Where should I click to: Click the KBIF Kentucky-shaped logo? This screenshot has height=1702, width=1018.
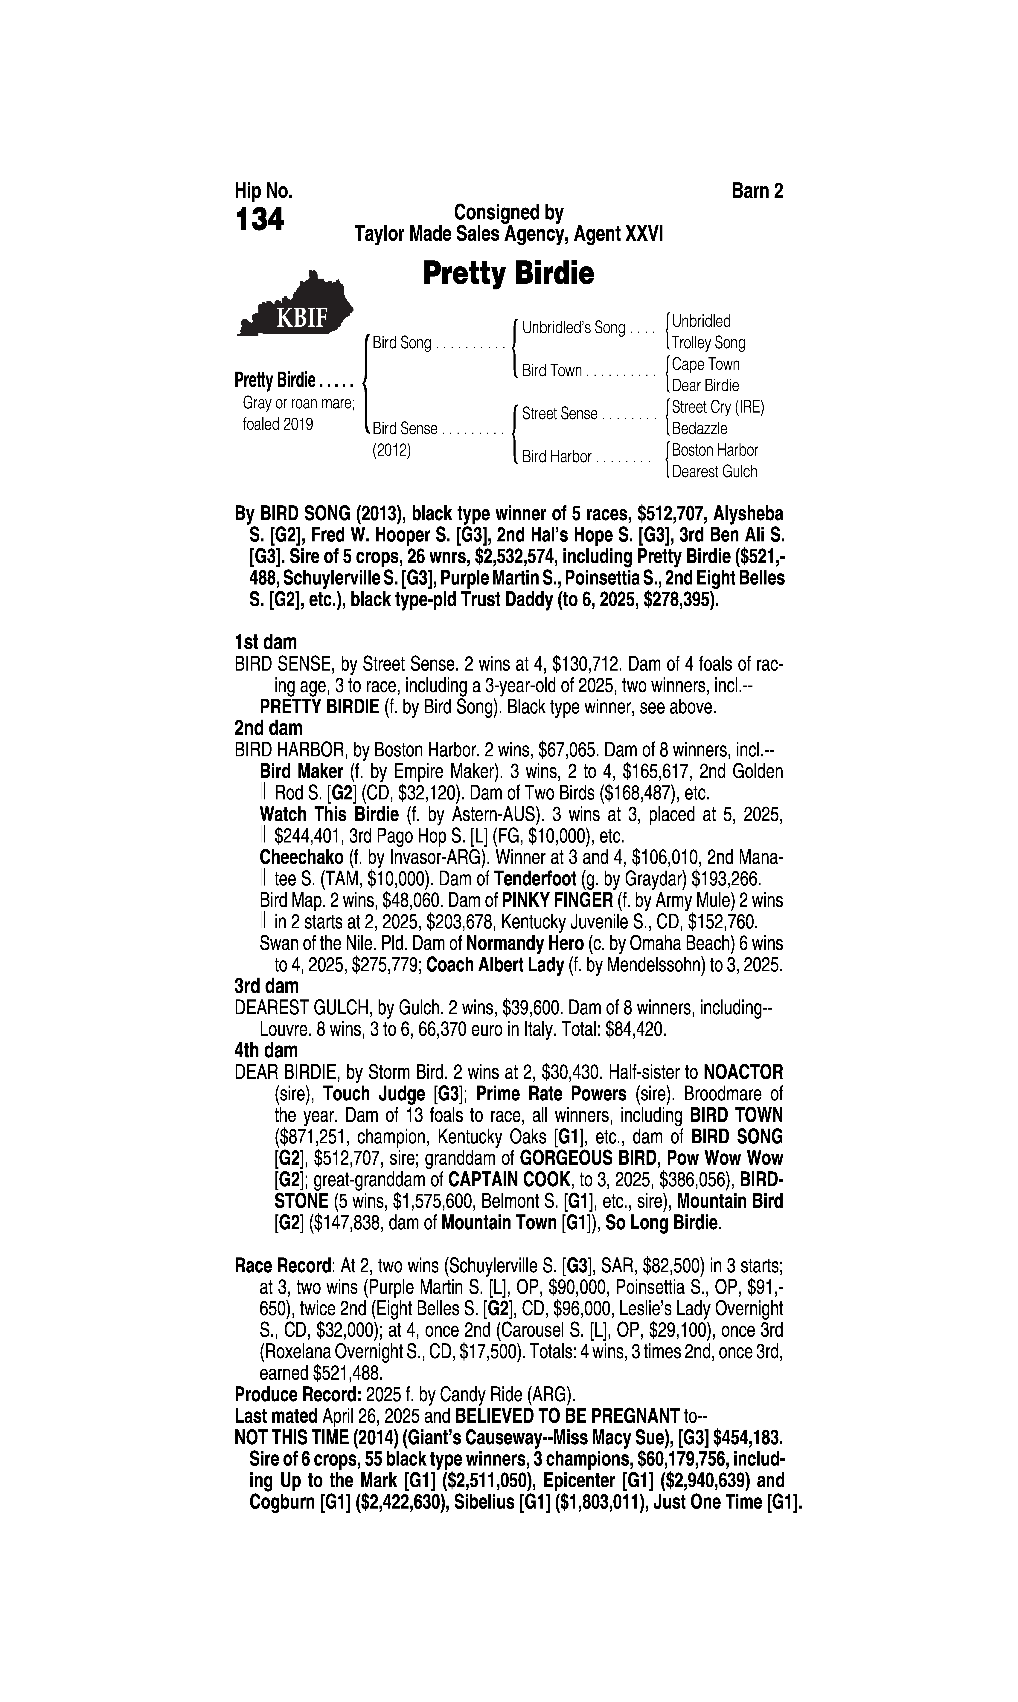(x=295, y=305)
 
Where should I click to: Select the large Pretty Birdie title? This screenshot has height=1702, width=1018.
(x=508, y=273)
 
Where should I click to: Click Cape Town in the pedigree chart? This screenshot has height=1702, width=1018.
(x=705, y=364)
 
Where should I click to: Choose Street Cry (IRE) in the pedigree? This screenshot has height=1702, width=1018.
(x=717, y=407)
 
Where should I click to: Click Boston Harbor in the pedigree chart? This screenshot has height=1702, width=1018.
(x=715, y=451)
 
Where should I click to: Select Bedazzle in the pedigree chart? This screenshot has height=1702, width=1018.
(x=699, y=429)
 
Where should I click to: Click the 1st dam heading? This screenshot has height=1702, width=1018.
(x=266, y=642)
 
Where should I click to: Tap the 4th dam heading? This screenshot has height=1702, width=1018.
(x=266, y=1051)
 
